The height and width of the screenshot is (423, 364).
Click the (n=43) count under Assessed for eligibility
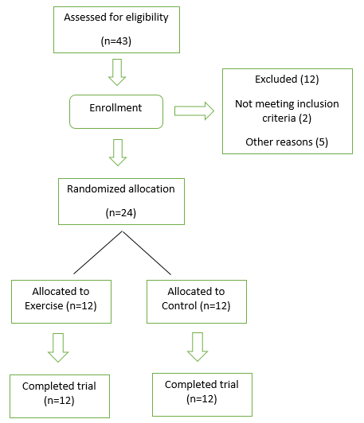point(116,41)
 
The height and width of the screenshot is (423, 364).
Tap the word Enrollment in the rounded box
point(115,107)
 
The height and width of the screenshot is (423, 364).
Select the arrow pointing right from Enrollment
point(194,111)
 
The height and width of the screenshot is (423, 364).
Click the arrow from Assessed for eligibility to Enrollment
point(117,72)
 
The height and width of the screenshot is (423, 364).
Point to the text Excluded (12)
point(287,80)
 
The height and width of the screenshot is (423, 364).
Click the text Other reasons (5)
point(287,142)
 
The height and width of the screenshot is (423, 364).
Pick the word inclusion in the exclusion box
point(318,103)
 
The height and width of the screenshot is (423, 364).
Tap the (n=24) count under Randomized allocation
point(121,213)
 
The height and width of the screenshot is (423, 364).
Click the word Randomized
point(96,189)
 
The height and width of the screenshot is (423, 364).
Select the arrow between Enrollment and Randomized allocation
point(118,153)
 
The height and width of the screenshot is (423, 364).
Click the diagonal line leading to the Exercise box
point(98,253)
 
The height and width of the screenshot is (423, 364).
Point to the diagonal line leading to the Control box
point(147,253)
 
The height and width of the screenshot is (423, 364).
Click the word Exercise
point(44,306)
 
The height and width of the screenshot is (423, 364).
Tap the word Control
point(179,306)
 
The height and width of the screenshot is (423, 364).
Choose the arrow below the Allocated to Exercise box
point(58,347)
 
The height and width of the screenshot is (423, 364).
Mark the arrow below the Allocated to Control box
point(198,347)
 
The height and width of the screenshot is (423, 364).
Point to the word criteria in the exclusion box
point(279,118)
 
